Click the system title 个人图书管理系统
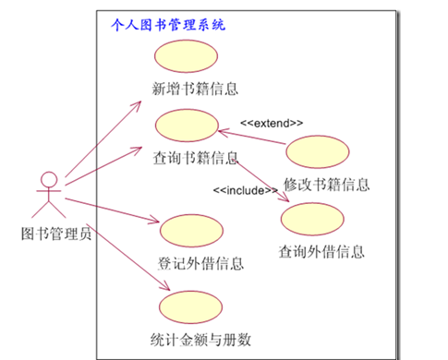(x=167, y=25)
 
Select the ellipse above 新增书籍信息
(x=185, y=58)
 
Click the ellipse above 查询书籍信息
(x=186, y=126)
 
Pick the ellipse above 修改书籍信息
(x=319, y=151)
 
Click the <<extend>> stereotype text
(x=272, y=122)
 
